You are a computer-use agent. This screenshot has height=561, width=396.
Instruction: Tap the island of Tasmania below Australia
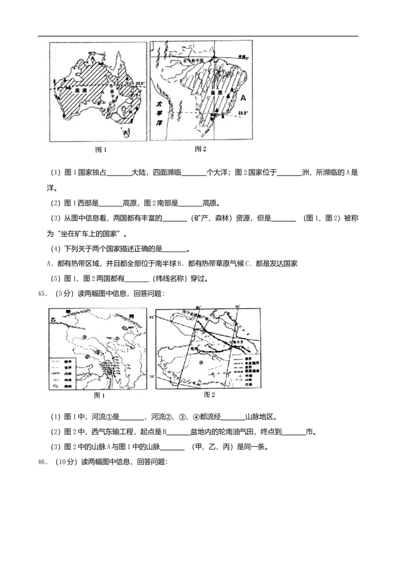(x=127, y=132)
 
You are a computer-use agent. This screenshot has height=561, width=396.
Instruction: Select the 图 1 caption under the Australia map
(x=101, y=149)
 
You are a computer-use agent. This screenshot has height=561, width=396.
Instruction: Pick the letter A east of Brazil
(x=243, y=99)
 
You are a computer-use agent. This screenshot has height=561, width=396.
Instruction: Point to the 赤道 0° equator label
(x=244, y=57)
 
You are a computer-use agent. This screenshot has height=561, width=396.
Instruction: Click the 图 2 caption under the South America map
(x=200, y=149)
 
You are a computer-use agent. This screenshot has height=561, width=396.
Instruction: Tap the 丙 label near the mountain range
(x=131, y=316)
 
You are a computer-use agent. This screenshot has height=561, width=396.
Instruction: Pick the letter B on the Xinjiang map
(x=201, y=363)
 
